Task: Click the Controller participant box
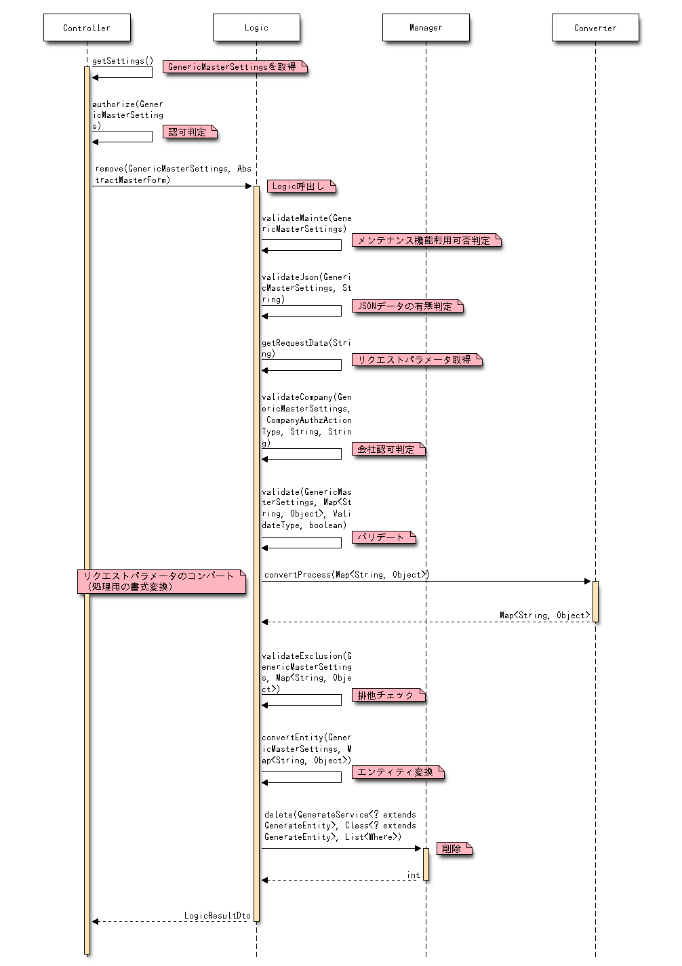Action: [87, 28]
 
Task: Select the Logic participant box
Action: [256, 28]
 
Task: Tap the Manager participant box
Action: [426, 28]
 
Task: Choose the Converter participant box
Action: [595, 28]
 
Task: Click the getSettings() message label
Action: [123, 61]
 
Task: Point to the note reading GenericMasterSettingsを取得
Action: [235, 66]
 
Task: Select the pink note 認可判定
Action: [190, 132]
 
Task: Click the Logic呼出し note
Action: [301, 186]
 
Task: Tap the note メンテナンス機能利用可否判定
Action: [426, 241]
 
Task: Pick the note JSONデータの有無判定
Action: [407, 306]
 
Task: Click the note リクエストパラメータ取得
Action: [416, 360]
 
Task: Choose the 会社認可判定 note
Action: [388, 449]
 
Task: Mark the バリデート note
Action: [383, 538]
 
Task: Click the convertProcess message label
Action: [346, 575]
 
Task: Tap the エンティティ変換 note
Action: [397, 772]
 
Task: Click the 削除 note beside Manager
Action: [454, 849]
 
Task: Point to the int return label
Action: [413, 875]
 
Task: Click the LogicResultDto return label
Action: [217, 916]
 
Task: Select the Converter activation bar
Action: [595, 601]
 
